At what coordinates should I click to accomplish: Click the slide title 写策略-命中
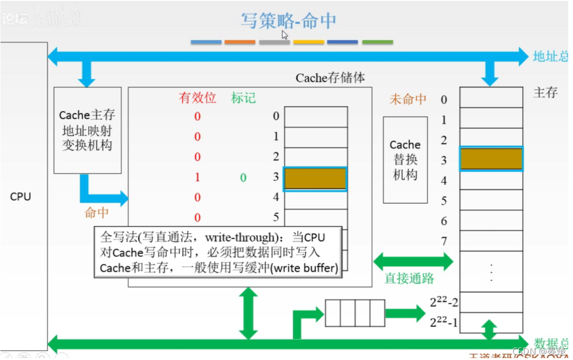pyautogui.click(x=288, y=20)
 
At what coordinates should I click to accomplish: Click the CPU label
pyautogui.click(x=20, y=196)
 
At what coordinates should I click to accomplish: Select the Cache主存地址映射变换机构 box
pyautogui.click(x=87, y=130)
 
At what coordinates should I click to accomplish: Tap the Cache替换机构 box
pyautogui.click(x=405, y=160)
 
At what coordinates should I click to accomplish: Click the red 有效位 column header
pyautogui.click(x=197, y=98)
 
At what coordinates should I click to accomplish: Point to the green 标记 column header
pyautogui.click(x=243, y=98)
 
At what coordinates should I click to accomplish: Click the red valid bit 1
pyautogui.click(x=197, y=177)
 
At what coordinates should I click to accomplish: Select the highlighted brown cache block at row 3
pyautogui.click(x=315, y=179)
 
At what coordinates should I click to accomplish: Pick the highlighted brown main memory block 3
pyautogui.click(x=491, y=159)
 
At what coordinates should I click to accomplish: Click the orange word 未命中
pyautogui.click(x=408, y=99)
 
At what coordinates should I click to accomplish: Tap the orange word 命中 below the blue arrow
pyautogui.click(x=97, y=213)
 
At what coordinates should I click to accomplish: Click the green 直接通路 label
pyautogui.click(x=409, y=278)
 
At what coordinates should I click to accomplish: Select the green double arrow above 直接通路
pyautogui.click(x=413, y=261)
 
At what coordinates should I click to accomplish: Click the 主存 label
pyautogui.click(x=546, y=92)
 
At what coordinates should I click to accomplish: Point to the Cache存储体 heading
pyautogui.click(x=330, y=78)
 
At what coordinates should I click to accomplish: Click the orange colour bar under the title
pyautogui.click(x=240, y=42)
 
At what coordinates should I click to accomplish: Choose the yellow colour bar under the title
pyautogui.click(x=309, y=42)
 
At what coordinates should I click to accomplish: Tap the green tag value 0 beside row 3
pyautogui.click(x=243, y=178)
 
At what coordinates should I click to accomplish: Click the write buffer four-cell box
pyautogui.click(x=355, y=313)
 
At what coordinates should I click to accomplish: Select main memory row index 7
pyautogui.click(x=444, y=241)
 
